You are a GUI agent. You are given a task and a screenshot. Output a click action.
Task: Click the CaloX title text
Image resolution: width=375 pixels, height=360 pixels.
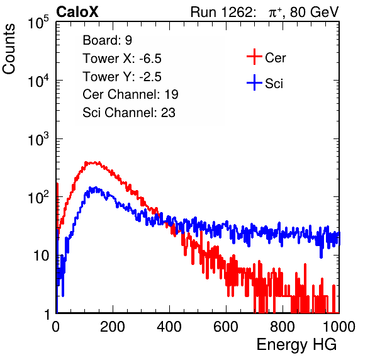[77, 12]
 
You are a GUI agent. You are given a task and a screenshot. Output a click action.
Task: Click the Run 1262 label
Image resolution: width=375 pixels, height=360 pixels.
[221, 12]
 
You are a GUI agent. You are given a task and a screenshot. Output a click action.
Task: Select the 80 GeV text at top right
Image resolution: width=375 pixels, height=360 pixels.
[314, 12]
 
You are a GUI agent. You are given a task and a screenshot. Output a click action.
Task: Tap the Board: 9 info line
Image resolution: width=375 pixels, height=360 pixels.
[107, 40]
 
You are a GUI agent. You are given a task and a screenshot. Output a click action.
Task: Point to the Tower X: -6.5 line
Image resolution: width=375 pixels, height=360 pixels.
[122, 59]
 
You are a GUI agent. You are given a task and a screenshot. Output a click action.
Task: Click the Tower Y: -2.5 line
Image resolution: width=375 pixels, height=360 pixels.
[122, 77]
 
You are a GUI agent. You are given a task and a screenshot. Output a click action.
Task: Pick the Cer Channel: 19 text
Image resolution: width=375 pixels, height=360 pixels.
[130, 94]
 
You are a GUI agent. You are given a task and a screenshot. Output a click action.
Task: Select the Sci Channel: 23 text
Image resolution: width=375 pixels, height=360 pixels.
[129, 113]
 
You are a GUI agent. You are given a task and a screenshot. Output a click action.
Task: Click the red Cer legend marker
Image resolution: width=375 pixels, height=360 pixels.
[254, 57]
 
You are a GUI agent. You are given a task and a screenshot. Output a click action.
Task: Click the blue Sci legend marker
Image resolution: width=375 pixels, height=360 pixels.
[254, 83]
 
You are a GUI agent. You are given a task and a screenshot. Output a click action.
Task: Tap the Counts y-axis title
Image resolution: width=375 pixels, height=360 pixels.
[9, 49]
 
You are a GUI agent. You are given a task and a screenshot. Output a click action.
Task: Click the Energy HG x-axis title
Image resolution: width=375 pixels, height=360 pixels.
[296, 344]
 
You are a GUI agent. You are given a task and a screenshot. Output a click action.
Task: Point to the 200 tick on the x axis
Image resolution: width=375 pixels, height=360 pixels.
[113, 327]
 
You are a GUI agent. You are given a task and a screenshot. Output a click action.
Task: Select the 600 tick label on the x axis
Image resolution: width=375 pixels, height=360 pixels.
[226, 327]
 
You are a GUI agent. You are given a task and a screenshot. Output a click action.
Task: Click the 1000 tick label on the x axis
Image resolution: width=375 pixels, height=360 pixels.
[339, 327]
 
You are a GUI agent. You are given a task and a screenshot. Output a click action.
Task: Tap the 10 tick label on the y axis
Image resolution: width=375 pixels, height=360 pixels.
[42, 256]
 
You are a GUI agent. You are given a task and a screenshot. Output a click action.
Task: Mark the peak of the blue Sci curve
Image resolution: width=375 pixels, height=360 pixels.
[96, 188]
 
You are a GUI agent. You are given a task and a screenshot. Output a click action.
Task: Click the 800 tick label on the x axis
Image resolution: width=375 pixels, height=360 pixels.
[283, 327]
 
